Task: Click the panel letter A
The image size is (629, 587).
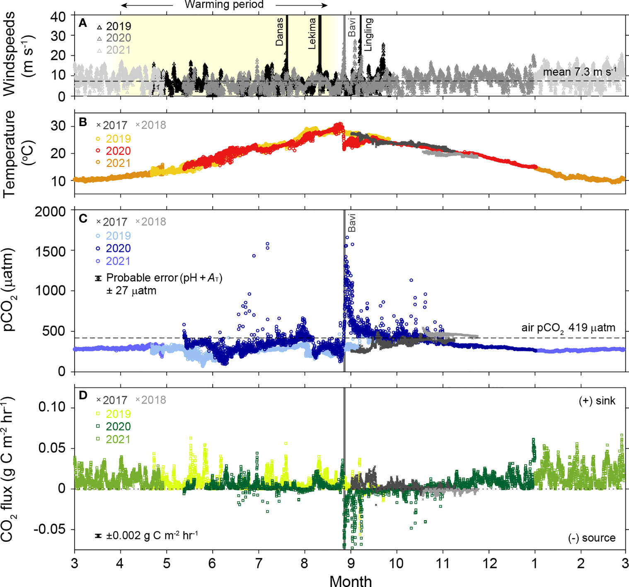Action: [x=83, y=23]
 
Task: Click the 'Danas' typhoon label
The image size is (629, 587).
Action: [x=280, y=32]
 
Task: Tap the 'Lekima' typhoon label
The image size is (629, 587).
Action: [x=312, y=34]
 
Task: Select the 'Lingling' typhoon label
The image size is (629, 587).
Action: [x=368, y=34]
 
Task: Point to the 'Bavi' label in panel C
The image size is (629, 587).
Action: [x=352, y=223]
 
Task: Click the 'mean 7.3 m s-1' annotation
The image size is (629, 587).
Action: [x=580, y=72]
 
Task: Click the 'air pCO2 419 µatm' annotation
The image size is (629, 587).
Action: [x=568, y=328]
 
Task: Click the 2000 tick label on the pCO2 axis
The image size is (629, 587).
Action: [x=50, y=212]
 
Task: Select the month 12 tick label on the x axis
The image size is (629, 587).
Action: [x=489, y=563]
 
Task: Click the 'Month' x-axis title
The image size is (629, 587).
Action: [x=351, y=580]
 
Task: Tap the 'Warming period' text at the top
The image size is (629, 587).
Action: [x=224, y=5]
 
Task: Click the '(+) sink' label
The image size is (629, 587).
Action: [x=597, y=401]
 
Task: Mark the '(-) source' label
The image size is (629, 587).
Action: [x=592, y=538]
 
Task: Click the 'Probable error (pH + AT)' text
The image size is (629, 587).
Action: [x=164, y=278]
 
